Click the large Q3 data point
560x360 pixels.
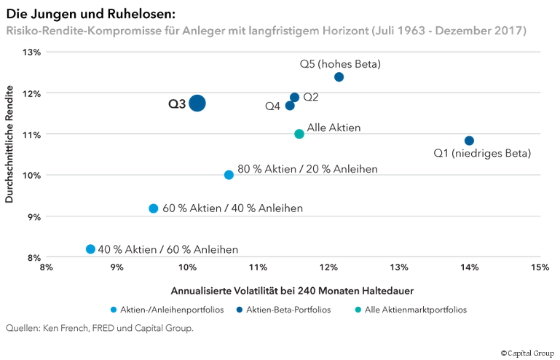click(197, 103)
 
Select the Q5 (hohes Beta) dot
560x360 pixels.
click(339, 77)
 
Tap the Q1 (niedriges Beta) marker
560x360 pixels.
click(469, 141)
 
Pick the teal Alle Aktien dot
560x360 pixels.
click(299, 134)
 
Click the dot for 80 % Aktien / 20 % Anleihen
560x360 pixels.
click(229, 175)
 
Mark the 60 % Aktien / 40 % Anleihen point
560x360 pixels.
click(154, 208)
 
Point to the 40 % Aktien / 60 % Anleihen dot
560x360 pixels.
click(90, 249)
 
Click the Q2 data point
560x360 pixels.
click(294, 97)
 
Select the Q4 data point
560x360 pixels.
click(290, 106)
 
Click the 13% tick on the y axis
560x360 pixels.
click(32, 52)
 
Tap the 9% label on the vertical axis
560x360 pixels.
click(34, 216)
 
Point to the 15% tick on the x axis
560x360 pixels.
click(539, 267)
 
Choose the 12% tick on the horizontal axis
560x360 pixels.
click(328, 267)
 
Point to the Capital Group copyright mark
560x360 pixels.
click(527, 353)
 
